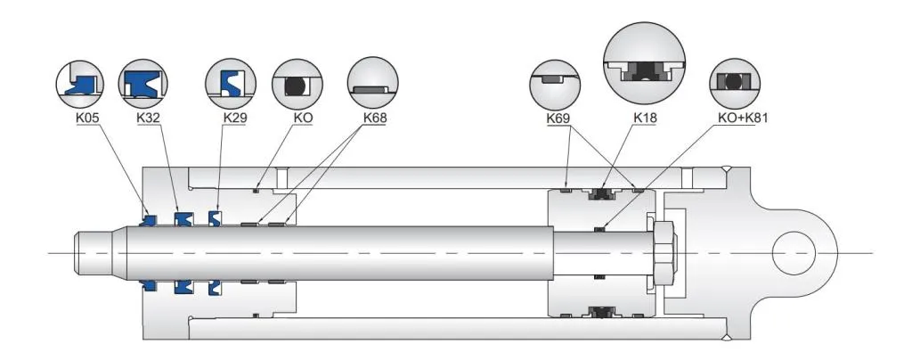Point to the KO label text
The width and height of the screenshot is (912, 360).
[x=297, y=117]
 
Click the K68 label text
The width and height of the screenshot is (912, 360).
[x=374, y=117]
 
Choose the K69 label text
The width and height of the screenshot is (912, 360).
[x=558, y=118]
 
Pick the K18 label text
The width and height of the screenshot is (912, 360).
[x=644, y=118]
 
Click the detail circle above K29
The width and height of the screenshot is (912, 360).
[x=232, y=85]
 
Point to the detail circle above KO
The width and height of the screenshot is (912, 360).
[x=297, y=85]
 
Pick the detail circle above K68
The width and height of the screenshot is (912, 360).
[x=372, y=85]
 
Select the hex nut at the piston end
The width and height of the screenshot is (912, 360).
[x=665, y=251]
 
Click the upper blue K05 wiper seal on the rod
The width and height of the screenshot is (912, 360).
[x=149, y=217]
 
